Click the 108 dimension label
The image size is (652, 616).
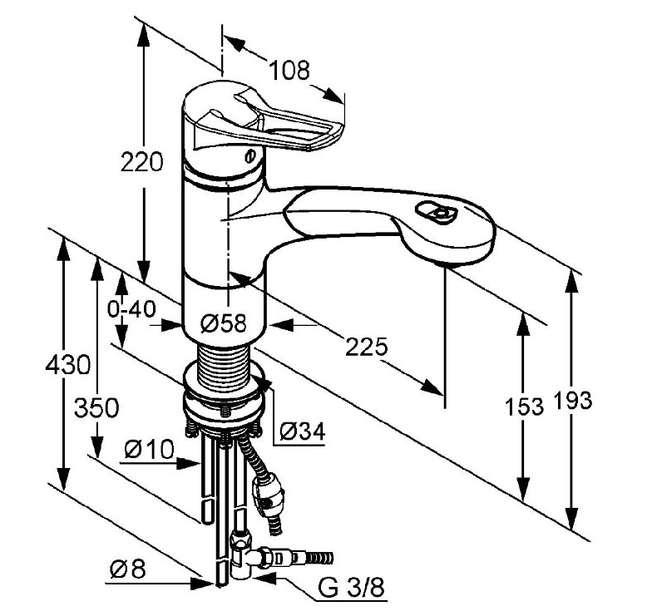[290, 70]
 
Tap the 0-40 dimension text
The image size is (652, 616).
[131, 310]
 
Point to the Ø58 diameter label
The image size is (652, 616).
[224, 323]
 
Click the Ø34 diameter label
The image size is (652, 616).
[302, 430]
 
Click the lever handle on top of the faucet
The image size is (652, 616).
[274, 116]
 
